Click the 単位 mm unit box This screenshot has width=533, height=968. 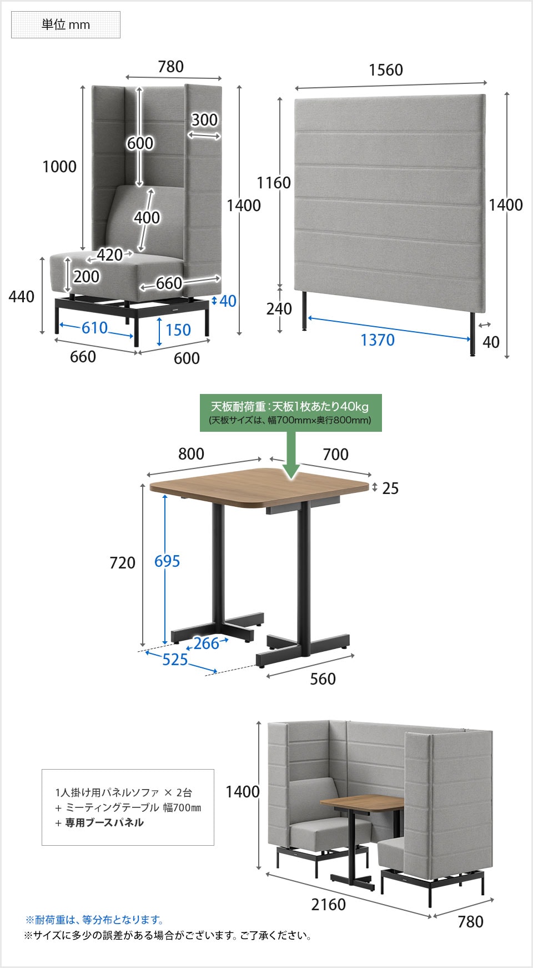(66, 24)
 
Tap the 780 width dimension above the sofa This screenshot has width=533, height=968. (170, 67)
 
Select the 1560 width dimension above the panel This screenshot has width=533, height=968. (386, 70)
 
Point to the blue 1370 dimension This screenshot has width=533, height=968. (378, 340)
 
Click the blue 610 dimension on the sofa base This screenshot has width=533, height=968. (94, 328)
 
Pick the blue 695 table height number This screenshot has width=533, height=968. (167, 561)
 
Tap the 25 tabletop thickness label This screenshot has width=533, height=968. (391, 488)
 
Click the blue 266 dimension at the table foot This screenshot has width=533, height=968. (206, 643)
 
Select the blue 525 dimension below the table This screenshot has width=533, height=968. (175, 660)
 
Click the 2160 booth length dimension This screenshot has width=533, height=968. (329, 905)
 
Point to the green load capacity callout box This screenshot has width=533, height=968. (291, 413)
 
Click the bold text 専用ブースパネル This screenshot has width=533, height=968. (104, 822)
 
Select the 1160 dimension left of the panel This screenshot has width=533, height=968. (274, 183)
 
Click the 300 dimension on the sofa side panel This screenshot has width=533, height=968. (205, 120)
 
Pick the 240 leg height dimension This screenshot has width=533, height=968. (279, 309)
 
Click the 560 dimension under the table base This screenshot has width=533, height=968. (323, 679)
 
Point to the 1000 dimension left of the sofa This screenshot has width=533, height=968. (59, 167)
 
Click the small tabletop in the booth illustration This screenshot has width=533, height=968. (362, 803)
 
